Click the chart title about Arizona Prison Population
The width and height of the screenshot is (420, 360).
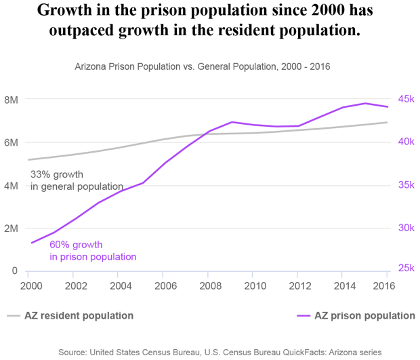click(202, 68)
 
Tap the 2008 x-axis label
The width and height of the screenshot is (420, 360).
click(207, 286)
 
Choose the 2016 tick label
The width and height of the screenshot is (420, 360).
click(385, 286)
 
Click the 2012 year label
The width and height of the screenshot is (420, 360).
click(297, 286)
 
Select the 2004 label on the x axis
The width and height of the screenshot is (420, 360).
click(119, 286)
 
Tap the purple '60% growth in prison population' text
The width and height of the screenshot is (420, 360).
click(93, 251)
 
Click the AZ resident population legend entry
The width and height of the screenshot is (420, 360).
click(70, 316)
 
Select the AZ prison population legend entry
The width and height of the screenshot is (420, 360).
click(356, 316)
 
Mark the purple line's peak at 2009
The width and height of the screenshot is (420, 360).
click(232, 122)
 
